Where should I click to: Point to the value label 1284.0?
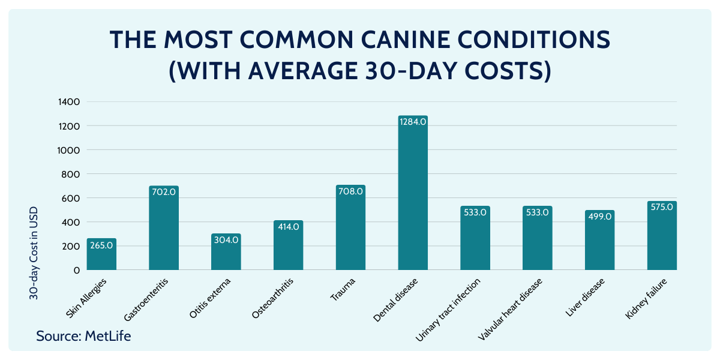[x=413, y=121]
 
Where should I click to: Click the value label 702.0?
[x=164, y=191]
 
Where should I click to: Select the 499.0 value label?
[x=600, y=216]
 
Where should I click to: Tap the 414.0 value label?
[x=289, y=226]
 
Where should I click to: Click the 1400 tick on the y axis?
[x=69, y=102]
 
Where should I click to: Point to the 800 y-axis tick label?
[x=71, y=174]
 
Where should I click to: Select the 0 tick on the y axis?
[x=77, y=270]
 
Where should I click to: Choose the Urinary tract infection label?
[x=449, y=308]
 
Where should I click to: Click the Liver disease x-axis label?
[x=585, y=296]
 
